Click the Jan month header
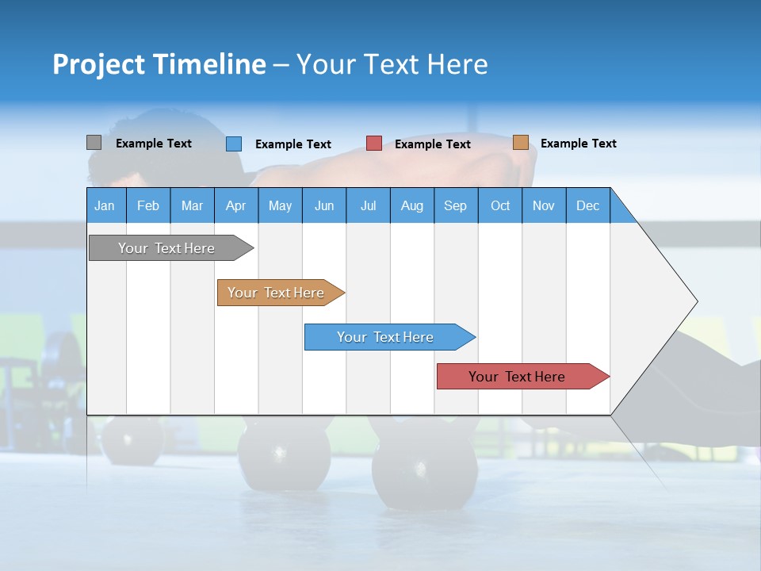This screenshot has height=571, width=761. pos(105,205)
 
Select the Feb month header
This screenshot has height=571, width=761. pos(148,205)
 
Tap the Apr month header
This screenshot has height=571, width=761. pos(235,205)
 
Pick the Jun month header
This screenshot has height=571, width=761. pos(323,205)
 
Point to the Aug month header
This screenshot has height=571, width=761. pos(411,205)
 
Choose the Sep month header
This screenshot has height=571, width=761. pos(455,205)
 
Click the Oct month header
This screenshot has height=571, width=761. pos(499,205)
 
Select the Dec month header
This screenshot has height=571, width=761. pos(587,205)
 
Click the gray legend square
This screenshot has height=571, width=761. pos(94,143)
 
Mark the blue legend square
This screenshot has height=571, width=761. pos(233,144)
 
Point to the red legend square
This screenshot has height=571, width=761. pos(373,144)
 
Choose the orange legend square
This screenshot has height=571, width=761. pos(520,143)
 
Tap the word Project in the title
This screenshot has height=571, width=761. pos(98,64)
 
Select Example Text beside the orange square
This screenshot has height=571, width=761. pos(578,144)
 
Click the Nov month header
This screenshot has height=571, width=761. pos(543,205)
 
